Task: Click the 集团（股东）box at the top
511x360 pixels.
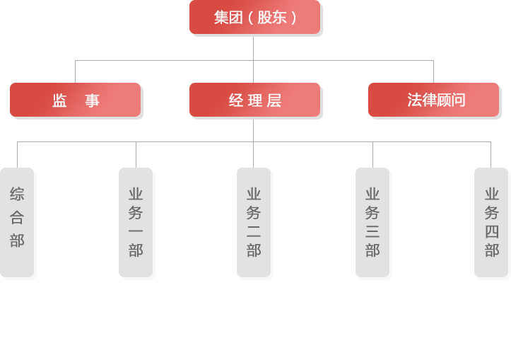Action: click(x=254, y=17)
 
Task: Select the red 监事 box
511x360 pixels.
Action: click(x=76, y=100)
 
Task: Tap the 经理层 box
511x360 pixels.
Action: click(x=254, y=100)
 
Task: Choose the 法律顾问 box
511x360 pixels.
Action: click(x=433, y=100)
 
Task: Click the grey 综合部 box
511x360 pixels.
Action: click(x=17, y=221)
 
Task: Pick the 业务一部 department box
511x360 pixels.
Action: click(x=136, y=221)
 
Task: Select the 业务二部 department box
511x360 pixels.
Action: click(x=254, y=221)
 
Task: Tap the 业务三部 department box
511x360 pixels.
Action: click(x=372, y=221)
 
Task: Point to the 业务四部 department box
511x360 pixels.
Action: click(x=491, y=221)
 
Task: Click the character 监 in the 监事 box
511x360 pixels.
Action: click(x=59, y=100)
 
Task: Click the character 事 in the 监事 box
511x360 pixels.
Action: click(x=93, y=100)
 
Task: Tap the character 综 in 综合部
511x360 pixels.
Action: click(x=17, y=194)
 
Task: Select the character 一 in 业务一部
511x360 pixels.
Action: click(x=136, y=231)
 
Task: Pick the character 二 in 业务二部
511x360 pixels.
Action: click(x=254, y=231)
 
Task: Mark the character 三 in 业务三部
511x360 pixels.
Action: click(x=372, y=231)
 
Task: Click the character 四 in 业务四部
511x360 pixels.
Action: click(x=492, y=231)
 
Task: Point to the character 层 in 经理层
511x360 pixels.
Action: click(x=274, y=100)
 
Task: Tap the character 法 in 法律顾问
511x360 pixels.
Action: click(x=414, y=100)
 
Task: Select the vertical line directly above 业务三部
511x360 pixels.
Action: click(x=372, y=154)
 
